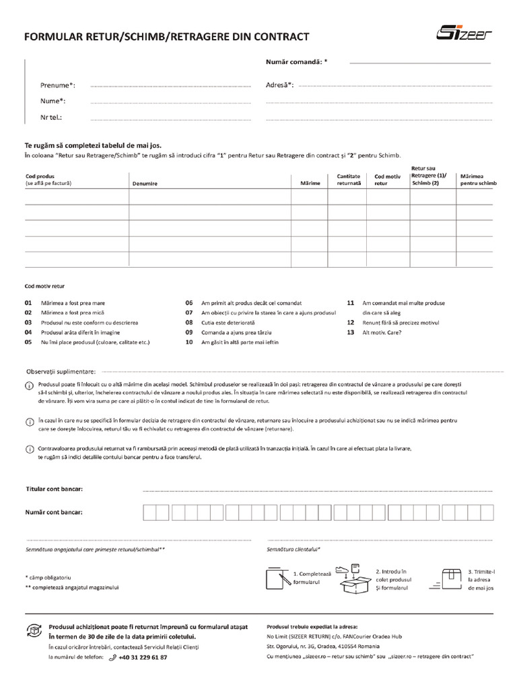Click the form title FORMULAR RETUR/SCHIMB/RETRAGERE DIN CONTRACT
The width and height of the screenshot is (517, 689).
click(x=167, y=36)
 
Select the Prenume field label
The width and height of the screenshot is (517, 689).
click(x=58, y=85)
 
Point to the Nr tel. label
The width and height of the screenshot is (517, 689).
click(x=51, y=117)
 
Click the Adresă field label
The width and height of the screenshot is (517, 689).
click(x=280, y=85)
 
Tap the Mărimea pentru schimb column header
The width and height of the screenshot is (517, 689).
click(x=478, y=180)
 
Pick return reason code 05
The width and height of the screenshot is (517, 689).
click(x=28, y=342)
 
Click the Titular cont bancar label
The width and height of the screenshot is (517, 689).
click(x=54, y=488)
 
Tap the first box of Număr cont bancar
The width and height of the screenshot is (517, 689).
click(x=149, y=513)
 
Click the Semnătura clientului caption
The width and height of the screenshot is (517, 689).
click(x=294, y=549)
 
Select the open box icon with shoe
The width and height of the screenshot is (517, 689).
click(x=354, y=579)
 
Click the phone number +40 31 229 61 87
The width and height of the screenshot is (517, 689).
click(x=143, y=657)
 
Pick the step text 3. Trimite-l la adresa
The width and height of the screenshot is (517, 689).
click(x=481, y=579)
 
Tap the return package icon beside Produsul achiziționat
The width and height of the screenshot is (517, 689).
click(x=33, y=630)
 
